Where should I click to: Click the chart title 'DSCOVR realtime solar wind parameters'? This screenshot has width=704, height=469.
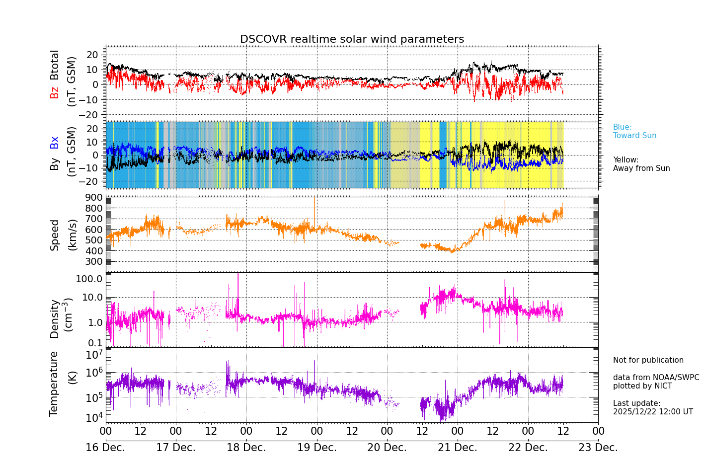click(352, 39)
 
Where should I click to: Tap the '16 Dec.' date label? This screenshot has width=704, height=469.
click(105, 448)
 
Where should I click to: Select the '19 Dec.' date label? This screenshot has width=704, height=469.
click(316, 448)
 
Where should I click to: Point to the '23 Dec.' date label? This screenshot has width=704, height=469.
click(598, 448)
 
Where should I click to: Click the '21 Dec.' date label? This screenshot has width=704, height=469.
click(457, 448)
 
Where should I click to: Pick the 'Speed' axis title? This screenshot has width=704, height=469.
click(55, 235)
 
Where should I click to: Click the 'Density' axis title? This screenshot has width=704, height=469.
click(55, 318)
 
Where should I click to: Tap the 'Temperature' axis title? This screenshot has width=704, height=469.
click(54, 383)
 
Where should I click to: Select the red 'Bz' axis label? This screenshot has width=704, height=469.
click(54, 92)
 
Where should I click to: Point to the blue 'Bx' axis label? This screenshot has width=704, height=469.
click(54, 143)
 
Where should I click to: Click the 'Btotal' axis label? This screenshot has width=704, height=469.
click(54, 65)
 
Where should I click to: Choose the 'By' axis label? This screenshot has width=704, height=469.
click(54, 164)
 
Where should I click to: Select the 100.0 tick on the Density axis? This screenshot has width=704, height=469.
click(89, 279)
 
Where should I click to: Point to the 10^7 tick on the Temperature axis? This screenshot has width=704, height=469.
click(94, 354)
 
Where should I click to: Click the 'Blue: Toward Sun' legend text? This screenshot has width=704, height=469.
click(634, 131)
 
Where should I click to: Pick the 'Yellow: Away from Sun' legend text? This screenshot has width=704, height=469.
click(641, 164)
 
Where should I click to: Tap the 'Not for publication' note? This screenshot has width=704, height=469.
click(648, 360)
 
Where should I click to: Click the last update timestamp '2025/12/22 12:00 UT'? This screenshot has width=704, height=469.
click(652, 411)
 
